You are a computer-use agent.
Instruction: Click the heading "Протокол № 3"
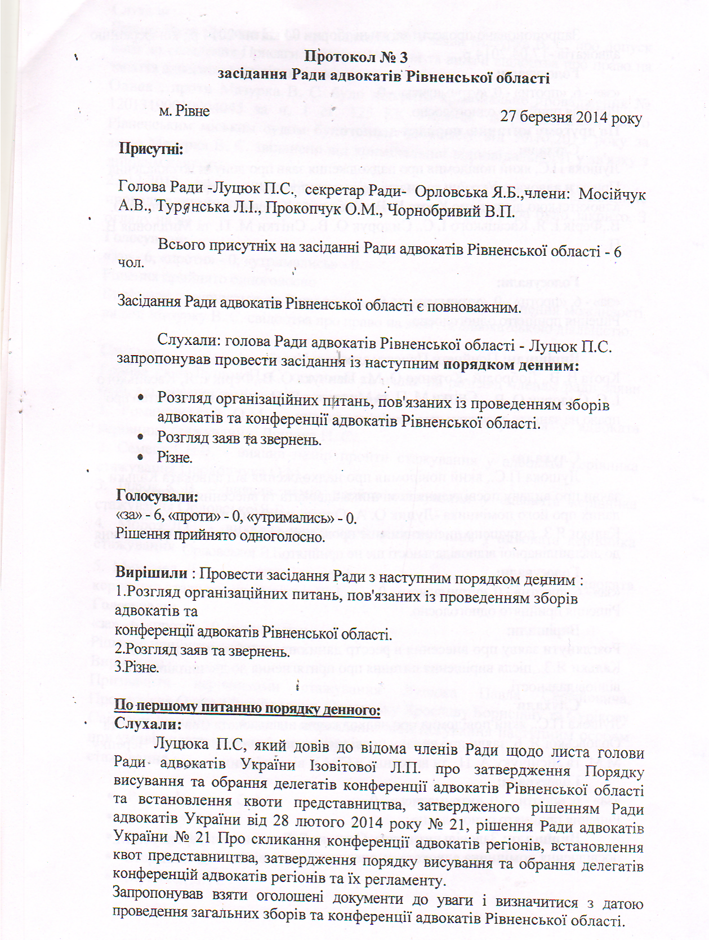[356, 57]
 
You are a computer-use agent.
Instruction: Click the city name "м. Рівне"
[184, 111]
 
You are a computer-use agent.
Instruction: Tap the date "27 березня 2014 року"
[571, 117]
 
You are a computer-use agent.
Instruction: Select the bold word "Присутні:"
[150, 149]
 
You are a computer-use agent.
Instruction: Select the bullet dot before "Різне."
[141, 458]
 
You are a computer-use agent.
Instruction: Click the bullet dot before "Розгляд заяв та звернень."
[141, 438]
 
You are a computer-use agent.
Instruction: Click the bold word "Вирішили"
[151, 573]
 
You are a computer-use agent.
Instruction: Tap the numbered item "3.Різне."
[137, 667]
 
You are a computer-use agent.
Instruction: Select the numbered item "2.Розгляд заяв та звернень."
[202, 651]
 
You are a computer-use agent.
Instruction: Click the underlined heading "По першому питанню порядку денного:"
[247, 708]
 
